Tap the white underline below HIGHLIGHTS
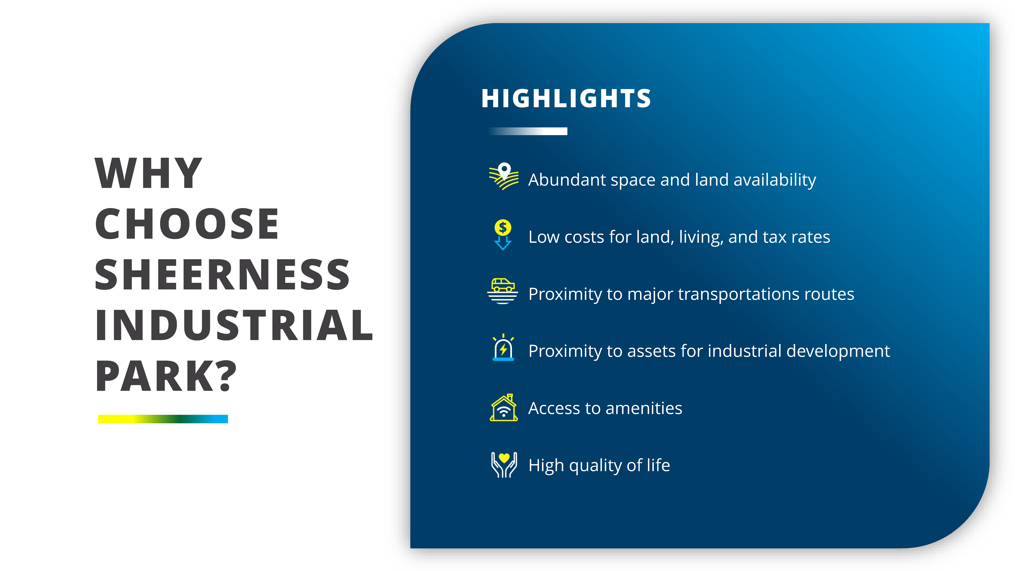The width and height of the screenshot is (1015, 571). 528,131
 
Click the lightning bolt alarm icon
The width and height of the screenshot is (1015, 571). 503,348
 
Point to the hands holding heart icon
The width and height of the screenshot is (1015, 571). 504,465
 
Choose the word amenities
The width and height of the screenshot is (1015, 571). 644,408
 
